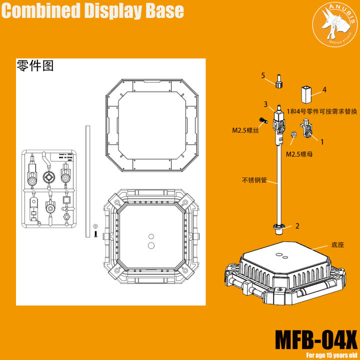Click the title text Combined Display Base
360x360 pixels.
click(x=92, y=11)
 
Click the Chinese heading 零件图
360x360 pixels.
click(x=34, y=66)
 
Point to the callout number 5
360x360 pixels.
click(x=262, y=75)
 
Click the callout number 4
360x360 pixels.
click(x=324, y=90)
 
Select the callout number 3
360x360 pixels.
click(x=266, y=104)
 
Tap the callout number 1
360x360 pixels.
click(x=322, y=142)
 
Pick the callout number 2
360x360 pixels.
click(x=297, y=226)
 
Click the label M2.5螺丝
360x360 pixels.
click(x=245, y=130)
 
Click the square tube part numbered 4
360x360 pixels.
click(x=306, y=94)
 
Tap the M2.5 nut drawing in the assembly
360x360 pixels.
click(x=295, y=135)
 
